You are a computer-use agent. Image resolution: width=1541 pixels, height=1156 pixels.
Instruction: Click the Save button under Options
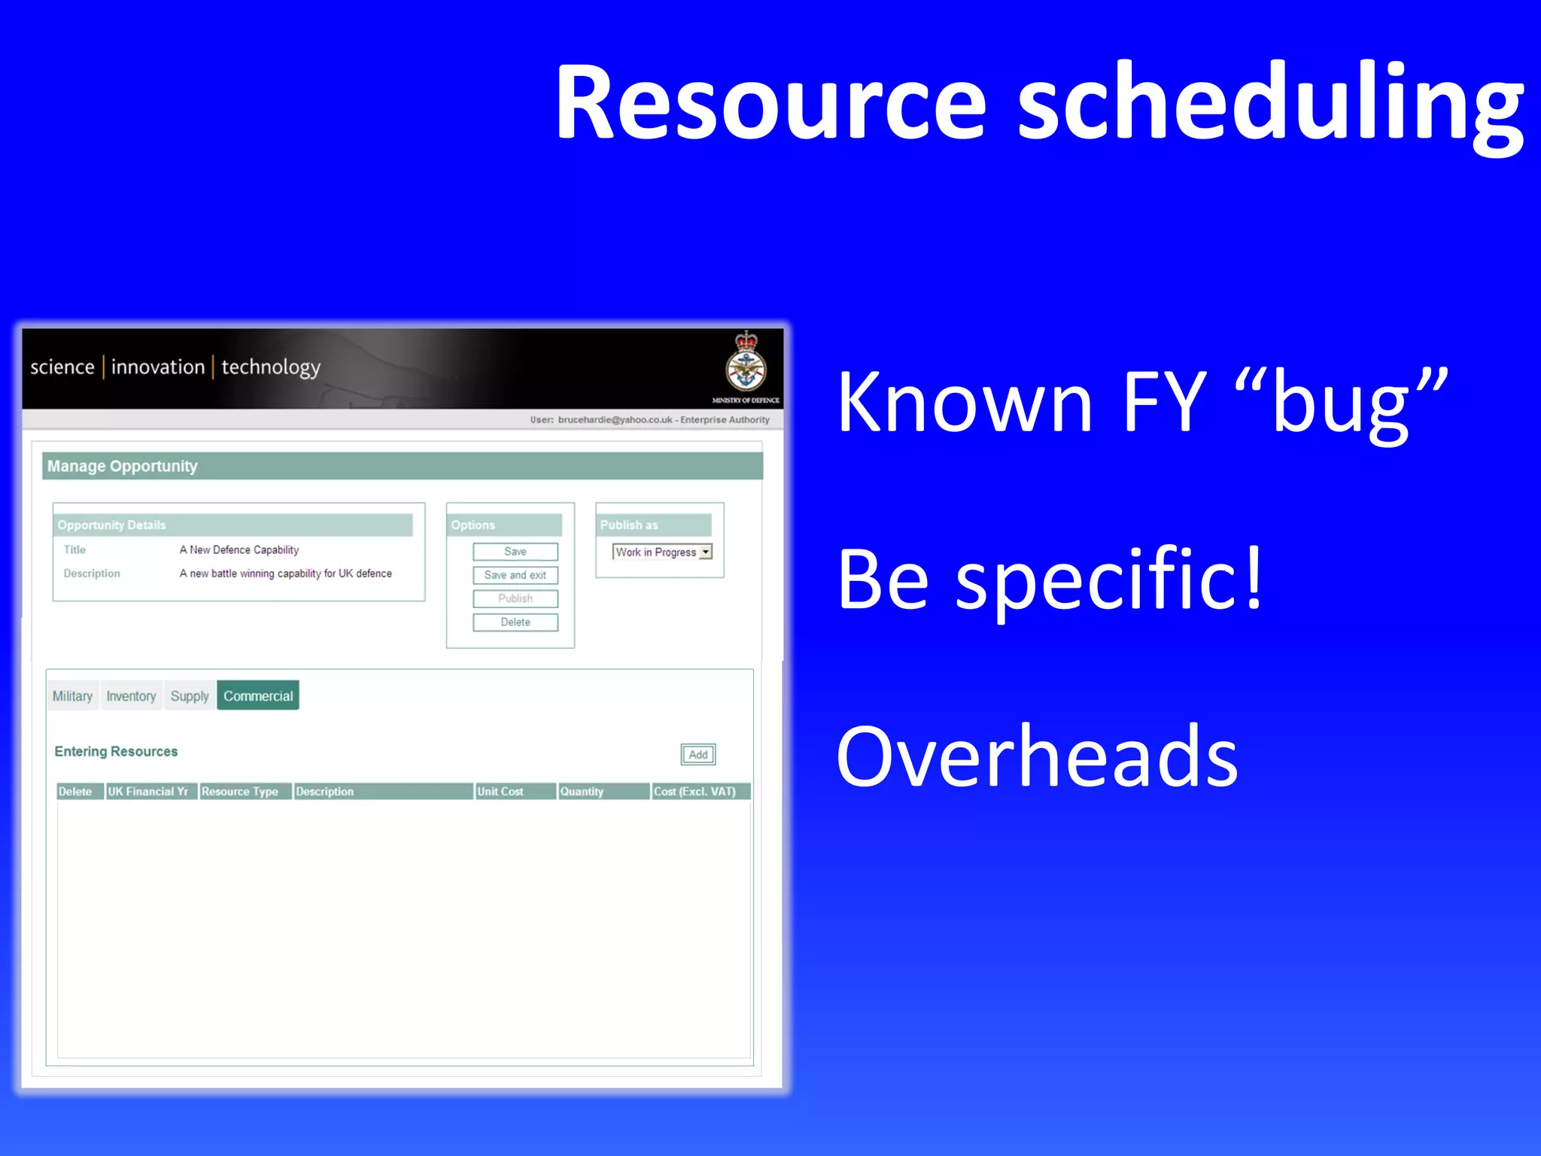pyautogui.click(x=515, y=552)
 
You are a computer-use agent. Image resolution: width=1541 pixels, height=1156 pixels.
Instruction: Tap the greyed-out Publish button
pyautogui.click(x=515, y=598)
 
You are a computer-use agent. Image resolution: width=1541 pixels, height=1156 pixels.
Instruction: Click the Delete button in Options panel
pyautogui.click(x=515, y=622)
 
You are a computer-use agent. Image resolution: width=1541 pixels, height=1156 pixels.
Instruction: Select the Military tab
pyautogui.click(x=72, y=696)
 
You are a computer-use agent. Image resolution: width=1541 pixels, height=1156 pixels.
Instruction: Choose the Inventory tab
pyautogui.click(x=131, y=696)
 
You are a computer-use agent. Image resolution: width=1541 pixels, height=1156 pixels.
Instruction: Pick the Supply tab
pyautogui.click(x=190, y=696)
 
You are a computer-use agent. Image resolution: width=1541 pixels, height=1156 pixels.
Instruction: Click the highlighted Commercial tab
pyautogui.click(x=258, y=696)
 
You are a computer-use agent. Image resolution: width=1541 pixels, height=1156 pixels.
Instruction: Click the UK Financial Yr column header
pyautogui.click(x=148, y=791)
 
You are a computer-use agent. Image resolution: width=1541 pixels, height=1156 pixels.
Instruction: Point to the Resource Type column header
pyautogui.click(x=240, y=791)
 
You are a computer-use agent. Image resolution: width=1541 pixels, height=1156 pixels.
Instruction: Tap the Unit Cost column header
pyautogui.click(x=500, y=791)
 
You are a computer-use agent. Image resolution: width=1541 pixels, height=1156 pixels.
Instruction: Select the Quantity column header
pyautogui.click(x=582, y=791)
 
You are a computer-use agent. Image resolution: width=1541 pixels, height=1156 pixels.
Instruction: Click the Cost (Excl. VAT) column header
pyautogui.click(x=695, y=791)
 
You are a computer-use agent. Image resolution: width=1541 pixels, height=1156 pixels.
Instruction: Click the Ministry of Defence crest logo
pyautogui.click(x=746, y=364)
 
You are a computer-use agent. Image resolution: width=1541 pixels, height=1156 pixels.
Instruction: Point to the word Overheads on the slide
pyautogui.click(x=1036, y=756)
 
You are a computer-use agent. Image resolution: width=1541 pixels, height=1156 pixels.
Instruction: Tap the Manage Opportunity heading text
pyautogui.click(x=123, y=466)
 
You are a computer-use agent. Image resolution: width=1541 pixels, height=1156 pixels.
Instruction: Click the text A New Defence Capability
pyautogui.click(x=239, y=550)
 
